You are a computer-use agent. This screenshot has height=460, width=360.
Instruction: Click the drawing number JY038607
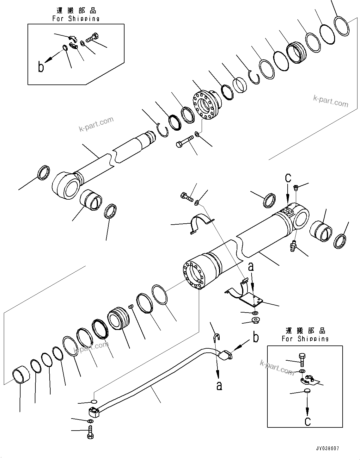pyautogui.click(x=327, y=449)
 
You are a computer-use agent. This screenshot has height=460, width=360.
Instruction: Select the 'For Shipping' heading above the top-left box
pyautogui.click(x=76, y=19)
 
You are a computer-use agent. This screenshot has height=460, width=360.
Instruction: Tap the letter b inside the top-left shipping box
pyautogui.click(x=41, y=67)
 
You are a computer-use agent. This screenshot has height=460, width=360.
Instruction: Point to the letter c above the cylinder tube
pyautogui.click(x=288, y=178)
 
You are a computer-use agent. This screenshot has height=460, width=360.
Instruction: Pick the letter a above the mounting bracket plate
pyautogui.click(x=251, y=268)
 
